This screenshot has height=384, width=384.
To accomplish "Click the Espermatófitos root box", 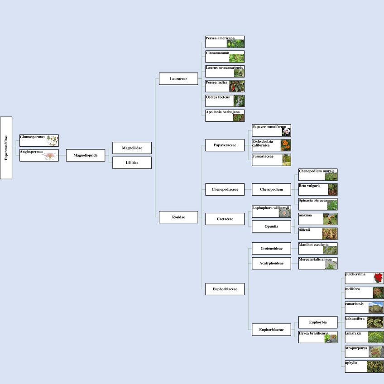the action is point(6,148).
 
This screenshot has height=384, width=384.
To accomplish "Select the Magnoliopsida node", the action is point(86,155).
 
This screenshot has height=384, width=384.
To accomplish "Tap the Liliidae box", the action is point(132,163).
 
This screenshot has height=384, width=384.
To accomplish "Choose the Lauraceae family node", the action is point(178,79).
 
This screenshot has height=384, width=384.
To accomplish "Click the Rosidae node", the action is point(178,217).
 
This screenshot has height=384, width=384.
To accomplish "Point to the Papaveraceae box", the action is point(225,145).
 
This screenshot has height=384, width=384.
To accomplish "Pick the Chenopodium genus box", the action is point(271,189).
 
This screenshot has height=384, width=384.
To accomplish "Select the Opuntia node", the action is point(271,226).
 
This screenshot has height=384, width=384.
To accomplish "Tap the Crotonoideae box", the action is point(271,249).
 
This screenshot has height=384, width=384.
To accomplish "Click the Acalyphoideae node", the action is point(271,263).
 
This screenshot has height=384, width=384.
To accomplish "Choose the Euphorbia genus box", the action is point(318,322).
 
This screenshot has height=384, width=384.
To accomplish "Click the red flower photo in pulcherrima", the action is point(378,278).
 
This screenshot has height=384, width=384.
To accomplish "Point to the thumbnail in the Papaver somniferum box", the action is point(286,132).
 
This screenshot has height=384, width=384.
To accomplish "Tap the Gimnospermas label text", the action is point(32,137).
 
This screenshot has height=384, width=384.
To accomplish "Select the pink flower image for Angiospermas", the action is point(50,156).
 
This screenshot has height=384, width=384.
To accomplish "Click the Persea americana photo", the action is point(239,43).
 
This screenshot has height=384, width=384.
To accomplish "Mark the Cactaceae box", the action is point(225,219).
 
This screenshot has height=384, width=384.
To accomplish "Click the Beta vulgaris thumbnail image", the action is point(332,189).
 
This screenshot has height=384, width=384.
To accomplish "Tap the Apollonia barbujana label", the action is point(222,112).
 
